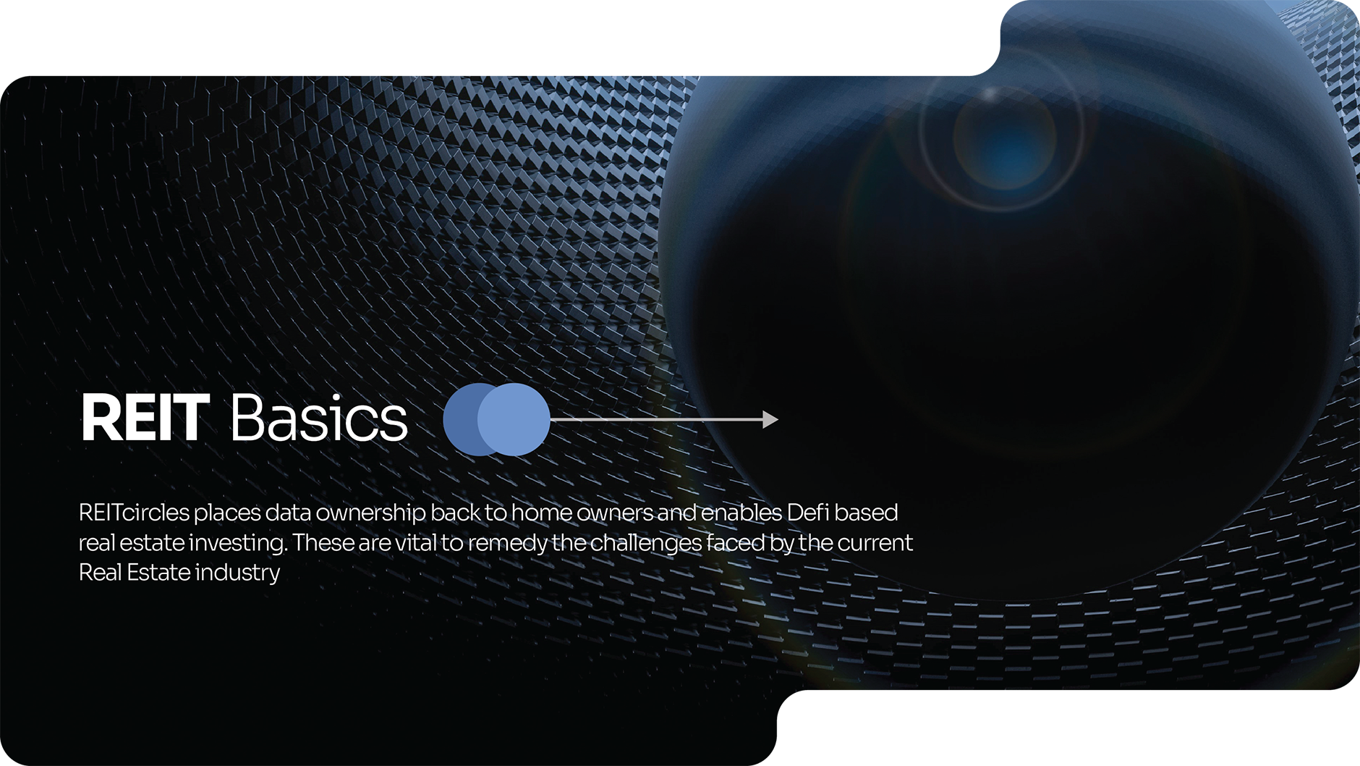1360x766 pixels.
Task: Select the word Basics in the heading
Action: [x=319, y=418]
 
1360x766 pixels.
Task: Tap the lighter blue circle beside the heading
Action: [x=514, y=419]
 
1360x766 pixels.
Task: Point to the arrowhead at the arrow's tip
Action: [x=770, y=419]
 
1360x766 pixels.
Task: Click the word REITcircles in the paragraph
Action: [x=134, y=513]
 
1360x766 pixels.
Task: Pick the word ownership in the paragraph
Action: [x=370, y=513]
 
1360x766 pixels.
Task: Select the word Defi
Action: [x=807, y=513]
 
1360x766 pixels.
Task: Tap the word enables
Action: [x=741, y=513]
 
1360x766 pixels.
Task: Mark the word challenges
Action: [x=646, y=544]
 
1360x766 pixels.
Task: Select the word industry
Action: [x=237, y=573]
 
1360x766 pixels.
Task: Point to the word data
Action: [x=288, y=513]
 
